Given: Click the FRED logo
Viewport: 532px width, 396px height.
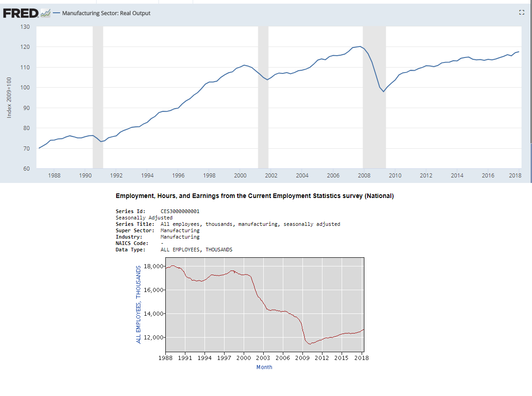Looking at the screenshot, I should (x=20, y=13).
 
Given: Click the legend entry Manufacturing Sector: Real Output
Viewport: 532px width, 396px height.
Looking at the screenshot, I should (x=106, y=13).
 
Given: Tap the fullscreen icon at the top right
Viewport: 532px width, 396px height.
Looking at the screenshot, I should (x=522, y=13).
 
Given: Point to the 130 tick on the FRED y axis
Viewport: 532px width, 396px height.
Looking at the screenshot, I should (x=25, y=27).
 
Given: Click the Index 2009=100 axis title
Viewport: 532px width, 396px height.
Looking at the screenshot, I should (x=10, y=98).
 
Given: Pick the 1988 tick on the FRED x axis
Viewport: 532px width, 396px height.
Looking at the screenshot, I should (x=54, y=176).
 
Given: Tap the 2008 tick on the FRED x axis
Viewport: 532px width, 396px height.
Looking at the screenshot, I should (x=363, y=176).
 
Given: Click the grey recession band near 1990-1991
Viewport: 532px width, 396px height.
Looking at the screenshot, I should (x=97, y=98).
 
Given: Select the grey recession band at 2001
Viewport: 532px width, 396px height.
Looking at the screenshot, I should (x=263, y=98).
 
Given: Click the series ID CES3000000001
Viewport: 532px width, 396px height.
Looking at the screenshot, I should (x=180, y=212).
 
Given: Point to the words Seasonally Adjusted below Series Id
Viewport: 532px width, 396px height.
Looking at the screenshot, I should (x=144, y=218).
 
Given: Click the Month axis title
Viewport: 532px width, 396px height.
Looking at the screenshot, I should (x=264, y=367).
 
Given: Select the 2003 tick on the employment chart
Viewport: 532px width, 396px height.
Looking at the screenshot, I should (x=263, y=358).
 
